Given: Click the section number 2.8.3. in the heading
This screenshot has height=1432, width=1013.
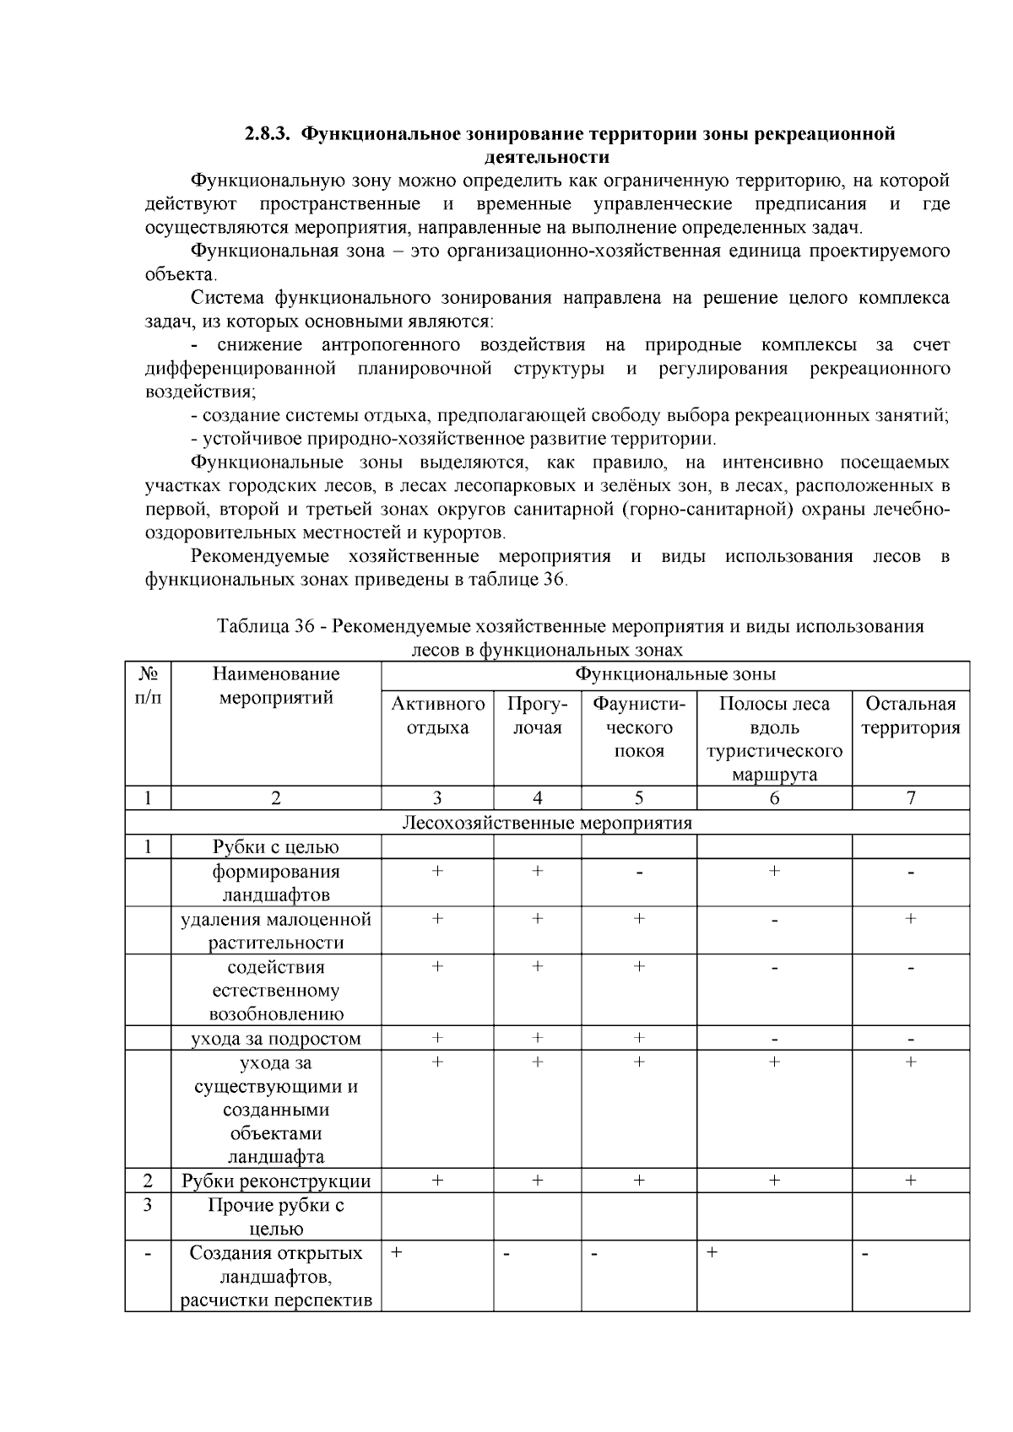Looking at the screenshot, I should [268, 133].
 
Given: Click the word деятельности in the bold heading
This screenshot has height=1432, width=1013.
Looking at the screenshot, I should [546, 157].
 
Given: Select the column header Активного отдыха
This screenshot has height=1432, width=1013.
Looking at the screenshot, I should [437, 716].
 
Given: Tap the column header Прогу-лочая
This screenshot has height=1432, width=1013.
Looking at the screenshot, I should [537, 716].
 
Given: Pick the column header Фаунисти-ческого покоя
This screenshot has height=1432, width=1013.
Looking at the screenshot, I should [638, 727].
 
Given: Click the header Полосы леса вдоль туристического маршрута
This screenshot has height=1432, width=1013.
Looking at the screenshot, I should [774, 738].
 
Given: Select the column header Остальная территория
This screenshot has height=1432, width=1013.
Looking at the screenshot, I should [910, 716].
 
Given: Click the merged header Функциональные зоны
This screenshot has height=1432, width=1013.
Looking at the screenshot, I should [675, 674].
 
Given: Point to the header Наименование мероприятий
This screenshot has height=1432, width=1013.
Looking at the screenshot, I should [276, 685].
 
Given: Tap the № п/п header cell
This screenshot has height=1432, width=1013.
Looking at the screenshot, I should [148, 685].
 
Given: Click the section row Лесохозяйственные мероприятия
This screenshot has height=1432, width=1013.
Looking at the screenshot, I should [547, 822].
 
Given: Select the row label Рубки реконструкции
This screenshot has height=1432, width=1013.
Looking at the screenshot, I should [276, 1181].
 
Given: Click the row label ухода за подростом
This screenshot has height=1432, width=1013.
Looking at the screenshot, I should [276, 1038].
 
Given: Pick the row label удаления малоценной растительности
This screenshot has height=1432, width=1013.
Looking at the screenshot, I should [276, 931].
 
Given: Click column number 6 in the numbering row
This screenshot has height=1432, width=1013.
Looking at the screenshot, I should [774, 798].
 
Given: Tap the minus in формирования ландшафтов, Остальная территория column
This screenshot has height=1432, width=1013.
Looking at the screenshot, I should [910, 873].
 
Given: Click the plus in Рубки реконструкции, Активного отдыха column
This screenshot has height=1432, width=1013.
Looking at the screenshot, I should [437, 1181].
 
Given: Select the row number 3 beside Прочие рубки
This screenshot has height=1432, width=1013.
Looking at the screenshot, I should [148, 1205].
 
